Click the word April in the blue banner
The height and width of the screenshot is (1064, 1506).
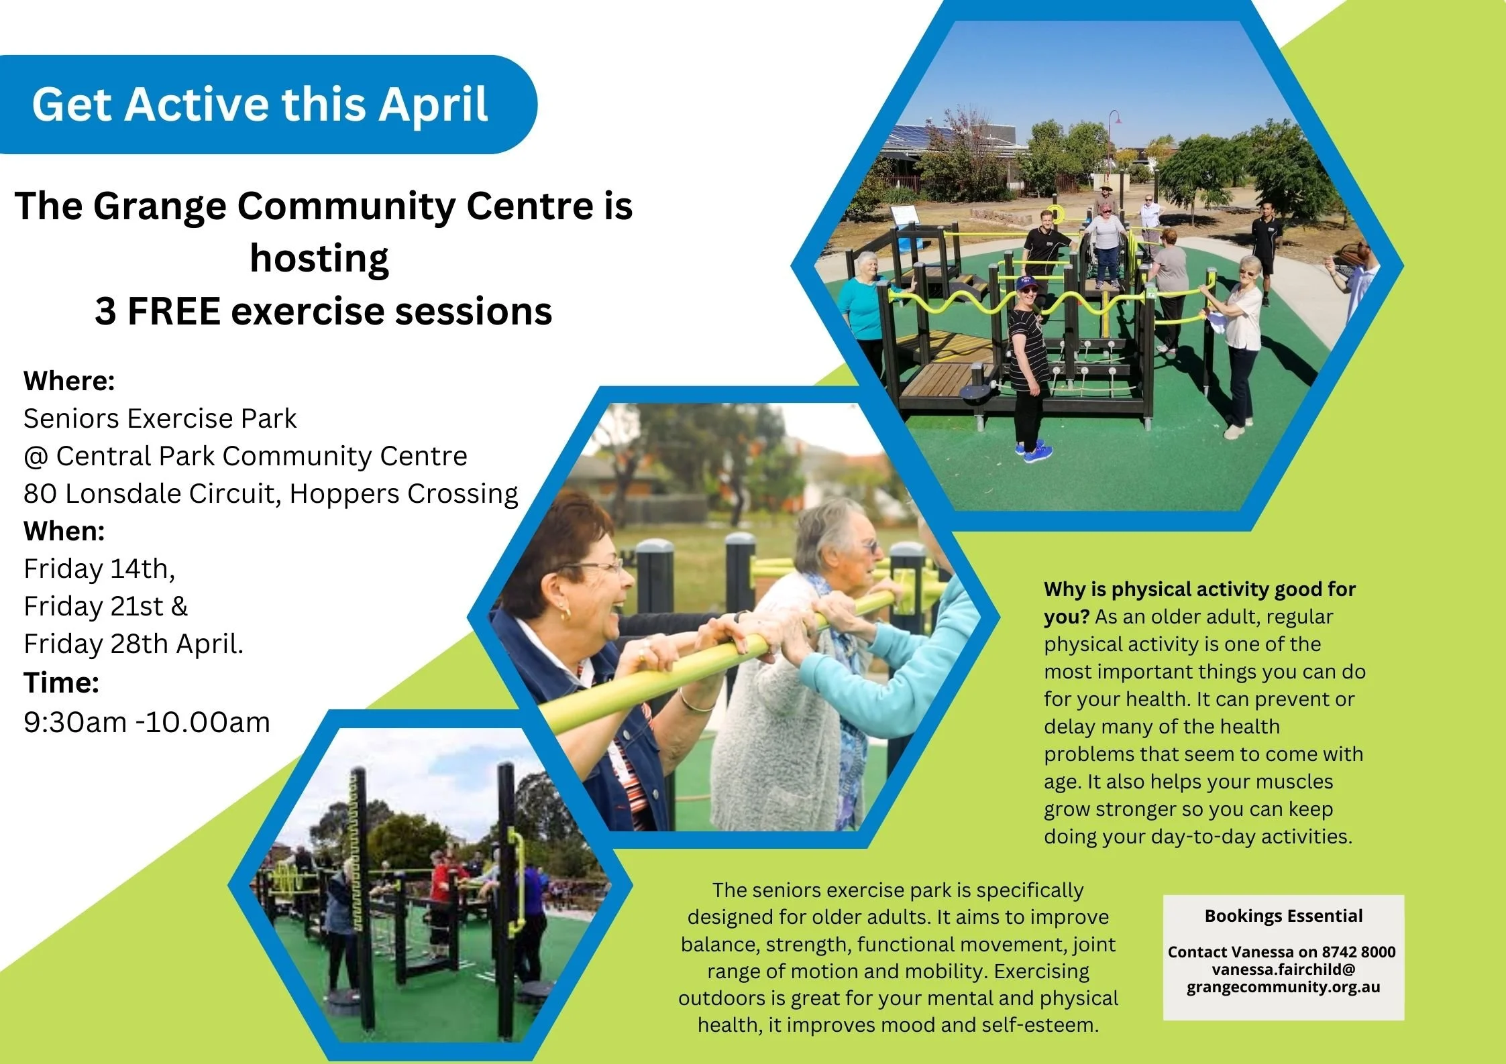[x=432, y=105]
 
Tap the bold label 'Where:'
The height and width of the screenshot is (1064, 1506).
[x=69, y=381]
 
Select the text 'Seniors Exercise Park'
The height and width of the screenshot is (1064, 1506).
[x=160, y=418]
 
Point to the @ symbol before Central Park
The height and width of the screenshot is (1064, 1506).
[x=36, y=457]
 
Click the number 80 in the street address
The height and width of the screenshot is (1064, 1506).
[x=40, y=494]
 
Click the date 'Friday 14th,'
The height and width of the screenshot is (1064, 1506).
[x=99, y=569]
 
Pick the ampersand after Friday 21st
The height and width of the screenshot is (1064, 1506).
[x=179, y=606]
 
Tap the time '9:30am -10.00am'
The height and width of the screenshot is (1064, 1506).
[x=147, y=722]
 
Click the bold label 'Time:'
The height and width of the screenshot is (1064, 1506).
[x=61, y=683]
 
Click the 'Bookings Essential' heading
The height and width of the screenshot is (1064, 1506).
[x=1283, y=916]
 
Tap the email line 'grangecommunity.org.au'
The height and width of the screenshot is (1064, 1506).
[x=1283, y=987]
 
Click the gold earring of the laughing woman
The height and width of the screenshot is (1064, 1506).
[x=566, y=613]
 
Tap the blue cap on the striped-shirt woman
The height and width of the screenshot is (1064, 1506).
[x=1026, y=282]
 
